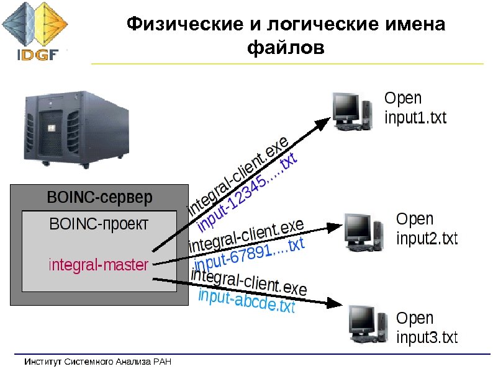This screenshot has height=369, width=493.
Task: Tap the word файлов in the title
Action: point(286,47)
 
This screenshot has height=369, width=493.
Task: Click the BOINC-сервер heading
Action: point(99,199)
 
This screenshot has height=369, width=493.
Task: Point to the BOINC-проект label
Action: point(99,224)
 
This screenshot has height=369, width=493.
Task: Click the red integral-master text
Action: point(98,265)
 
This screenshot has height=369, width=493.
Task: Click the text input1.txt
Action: point(415,118)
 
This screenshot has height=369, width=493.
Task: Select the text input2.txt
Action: point(427,238)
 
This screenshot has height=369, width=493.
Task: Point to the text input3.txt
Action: point(427,338)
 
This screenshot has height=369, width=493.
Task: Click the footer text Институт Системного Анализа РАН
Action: point(97,362)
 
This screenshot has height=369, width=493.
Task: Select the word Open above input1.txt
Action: point(403,98)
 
